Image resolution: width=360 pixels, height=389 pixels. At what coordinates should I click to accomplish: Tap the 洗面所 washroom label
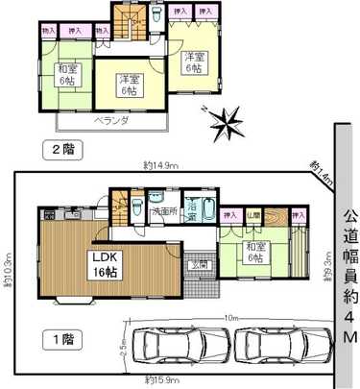[167, 210]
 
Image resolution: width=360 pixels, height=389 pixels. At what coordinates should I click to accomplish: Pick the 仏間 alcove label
[253, 215]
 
